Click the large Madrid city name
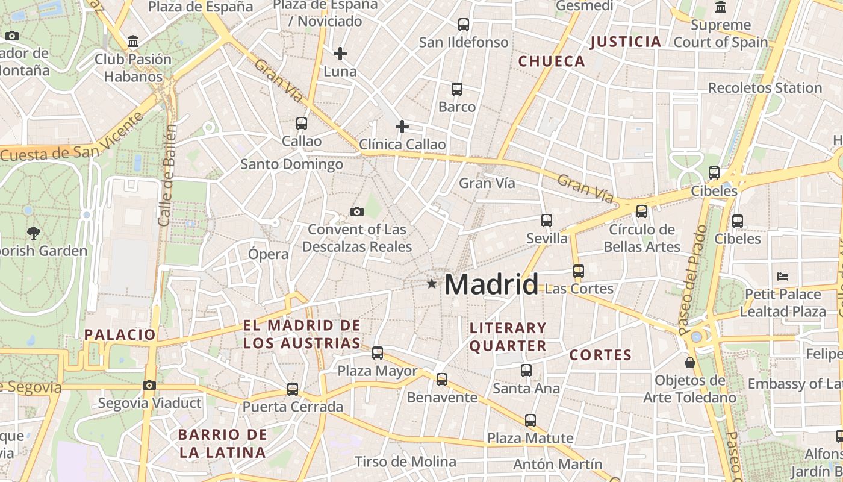click(x=491, y=284)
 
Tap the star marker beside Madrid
click(x=431, y=283)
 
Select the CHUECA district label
click(x=552, y=61)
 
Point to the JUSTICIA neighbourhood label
click(x=626, y=42)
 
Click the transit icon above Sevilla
click(x=547, y=221)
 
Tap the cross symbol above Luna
click(x=340, y=54)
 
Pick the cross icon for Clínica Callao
click(x=402, y=127)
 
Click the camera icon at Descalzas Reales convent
click(x=357, y=211)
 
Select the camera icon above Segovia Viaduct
click(x=149, y=385)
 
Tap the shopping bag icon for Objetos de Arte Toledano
click(x=690, y=363)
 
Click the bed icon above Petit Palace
click(x=783, y=277)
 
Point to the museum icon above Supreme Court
click(x=720, y=7)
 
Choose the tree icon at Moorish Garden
click(x=34, y=233)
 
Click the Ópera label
click(x=269, y=254)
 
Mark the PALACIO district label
click(x=120, y=335)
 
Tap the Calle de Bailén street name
click(x=168, y=175)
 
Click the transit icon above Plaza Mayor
click(x=378, y=353)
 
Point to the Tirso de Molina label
click(x=405, y=462)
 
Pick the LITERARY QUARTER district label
click(x=508, y=337)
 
